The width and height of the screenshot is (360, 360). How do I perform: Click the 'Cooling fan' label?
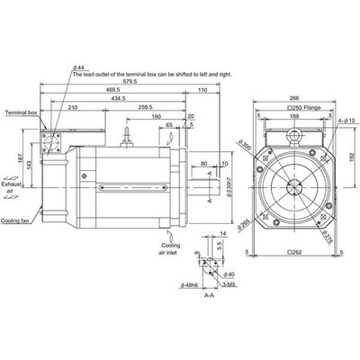[x=17, y=219]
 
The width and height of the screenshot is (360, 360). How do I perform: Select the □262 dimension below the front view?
[x=291, y=253]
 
